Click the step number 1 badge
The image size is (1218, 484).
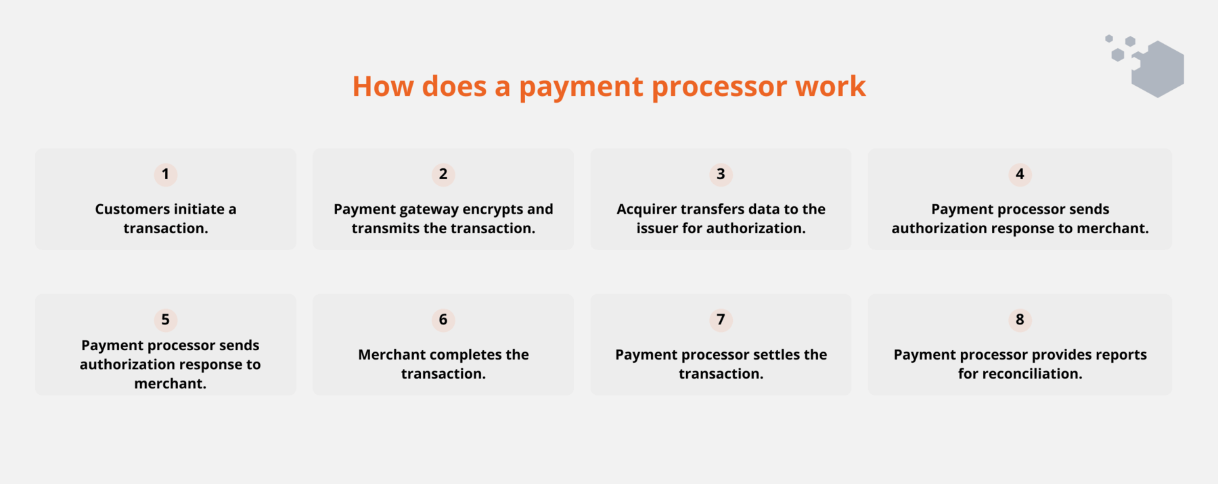coord(166,174)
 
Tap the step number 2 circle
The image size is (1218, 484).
coord(443,174)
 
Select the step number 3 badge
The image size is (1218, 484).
coord(721,174)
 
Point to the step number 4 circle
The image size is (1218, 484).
coord(1020,174)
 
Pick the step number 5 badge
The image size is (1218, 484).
coord(166,320)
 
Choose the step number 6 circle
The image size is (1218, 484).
coord(443,320)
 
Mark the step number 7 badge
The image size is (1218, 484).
coord(721,320)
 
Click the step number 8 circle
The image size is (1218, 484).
coord(1020,320)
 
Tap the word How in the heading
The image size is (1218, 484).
coord(382,87)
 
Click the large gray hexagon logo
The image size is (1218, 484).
coord(1158,69)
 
